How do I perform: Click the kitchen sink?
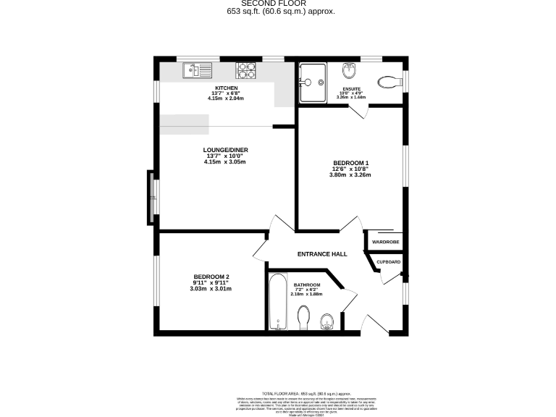[196, 70]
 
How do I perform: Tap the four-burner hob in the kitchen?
[245, 70]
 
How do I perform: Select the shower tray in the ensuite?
[313, 75]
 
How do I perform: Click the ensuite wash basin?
[350, 72]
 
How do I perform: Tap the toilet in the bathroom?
[304, 316]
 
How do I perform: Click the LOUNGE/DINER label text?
[225, 150]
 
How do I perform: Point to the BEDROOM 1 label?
[350, 162]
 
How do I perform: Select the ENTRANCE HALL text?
[322, 254]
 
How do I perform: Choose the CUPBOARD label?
[388, 261]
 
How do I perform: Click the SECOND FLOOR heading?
[277, 4]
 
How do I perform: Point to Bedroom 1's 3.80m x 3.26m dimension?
[350, 174]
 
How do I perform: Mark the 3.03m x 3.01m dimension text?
[211, 289]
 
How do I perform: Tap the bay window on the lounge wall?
[151, 196]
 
